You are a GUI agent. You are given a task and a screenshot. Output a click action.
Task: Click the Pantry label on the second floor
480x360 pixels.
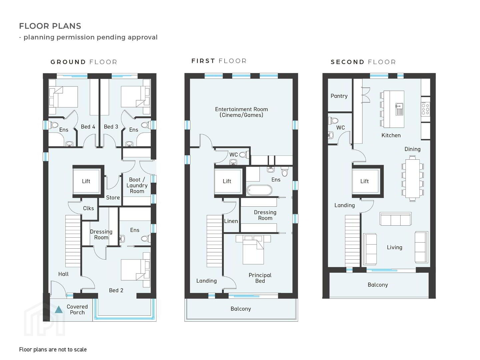[x=339, y=96]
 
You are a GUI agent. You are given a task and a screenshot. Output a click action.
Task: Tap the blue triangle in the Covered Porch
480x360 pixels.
[x=59, y=310]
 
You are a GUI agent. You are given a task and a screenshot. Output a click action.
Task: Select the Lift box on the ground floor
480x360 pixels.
[x=86, y=181]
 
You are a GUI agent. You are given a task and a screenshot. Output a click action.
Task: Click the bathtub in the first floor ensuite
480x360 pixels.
[x=259, y=190]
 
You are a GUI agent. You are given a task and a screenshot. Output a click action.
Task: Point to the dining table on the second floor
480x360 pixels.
[x=412, y=178]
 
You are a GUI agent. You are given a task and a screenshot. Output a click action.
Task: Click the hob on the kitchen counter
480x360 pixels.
[x=426, y=109]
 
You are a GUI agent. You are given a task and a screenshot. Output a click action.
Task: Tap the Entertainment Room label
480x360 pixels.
[x=241, y=112]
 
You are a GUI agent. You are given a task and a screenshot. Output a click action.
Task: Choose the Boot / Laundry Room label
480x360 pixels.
[x=137, y=185]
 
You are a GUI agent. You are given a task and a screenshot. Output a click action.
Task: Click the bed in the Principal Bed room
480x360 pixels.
[x=253, y=250]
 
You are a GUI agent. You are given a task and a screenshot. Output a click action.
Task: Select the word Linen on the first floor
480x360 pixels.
[x=231, y=221]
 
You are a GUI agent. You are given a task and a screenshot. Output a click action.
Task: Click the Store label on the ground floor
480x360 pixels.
[x=113, y=198]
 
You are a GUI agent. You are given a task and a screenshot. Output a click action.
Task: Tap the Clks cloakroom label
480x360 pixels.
[x=88, y=208]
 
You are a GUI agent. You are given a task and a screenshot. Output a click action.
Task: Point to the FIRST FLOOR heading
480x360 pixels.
[x=219, y=61]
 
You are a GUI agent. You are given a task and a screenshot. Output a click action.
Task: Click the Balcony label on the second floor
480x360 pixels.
[x=378, y=285]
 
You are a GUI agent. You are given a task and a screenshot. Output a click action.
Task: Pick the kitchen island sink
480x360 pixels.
[x=399, y=109]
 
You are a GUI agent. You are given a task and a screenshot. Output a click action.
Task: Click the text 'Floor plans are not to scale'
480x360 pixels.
[x=53, y=350]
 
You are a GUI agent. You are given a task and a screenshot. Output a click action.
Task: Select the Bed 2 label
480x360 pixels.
[x=116, y=290]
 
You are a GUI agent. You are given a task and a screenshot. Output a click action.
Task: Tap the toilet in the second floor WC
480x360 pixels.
[x=333, y=120]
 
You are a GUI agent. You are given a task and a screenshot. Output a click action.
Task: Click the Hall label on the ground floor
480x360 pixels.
[x=63, y=274]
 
